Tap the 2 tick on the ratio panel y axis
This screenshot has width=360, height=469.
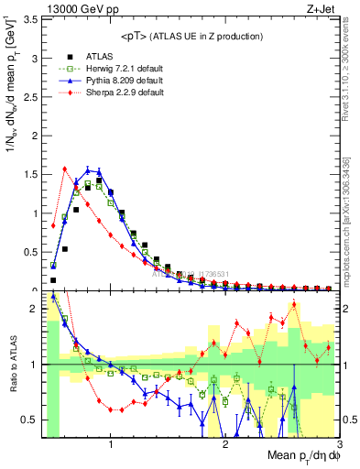[35, 309]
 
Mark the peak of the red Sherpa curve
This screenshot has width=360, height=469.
[65, 169]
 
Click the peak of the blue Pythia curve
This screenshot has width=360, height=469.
[88, 169]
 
